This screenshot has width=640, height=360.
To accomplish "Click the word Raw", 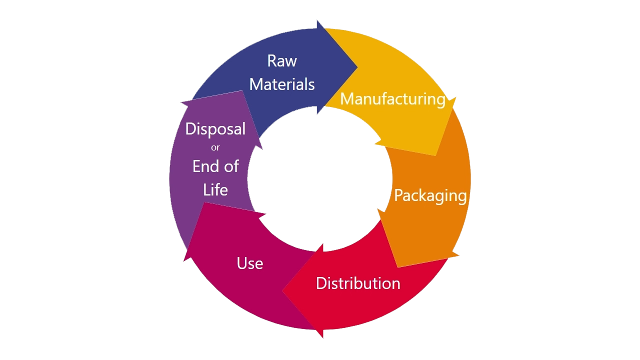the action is [282, 61].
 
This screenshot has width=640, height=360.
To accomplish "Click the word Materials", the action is [282, 84].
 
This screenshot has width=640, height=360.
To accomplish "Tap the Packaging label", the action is [430, 196].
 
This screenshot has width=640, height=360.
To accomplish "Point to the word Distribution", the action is [358, 283].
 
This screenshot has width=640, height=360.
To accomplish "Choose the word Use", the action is [250, 263].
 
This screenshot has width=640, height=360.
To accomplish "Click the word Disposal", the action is [215, 129].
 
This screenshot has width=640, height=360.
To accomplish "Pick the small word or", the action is [215, 147].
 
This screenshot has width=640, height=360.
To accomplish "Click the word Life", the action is [215, 189].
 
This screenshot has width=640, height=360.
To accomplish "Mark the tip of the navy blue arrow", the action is [357, 67].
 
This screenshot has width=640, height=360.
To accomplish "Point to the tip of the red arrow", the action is [282, 291].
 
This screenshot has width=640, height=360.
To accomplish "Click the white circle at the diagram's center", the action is [319, 179].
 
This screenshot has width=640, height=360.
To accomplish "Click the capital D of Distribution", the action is [321, 283].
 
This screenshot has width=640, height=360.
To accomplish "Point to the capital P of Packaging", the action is [399, 195].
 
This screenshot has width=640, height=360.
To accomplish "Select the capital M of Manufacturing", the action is [347, 99].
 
